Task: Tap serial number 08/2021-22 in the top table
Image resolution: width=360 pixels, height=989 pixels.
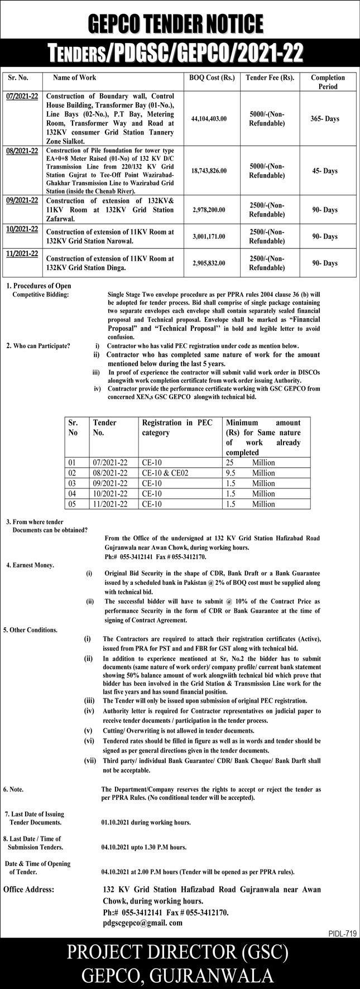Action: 22,151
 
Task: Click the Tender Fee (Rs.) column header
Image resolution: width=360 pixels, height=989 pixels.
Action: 270,78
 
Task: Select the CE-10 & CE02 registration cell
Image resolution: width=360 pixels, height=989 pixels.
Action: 165,473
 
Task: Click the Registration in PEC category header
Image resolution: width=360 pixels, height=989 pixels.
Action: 177,428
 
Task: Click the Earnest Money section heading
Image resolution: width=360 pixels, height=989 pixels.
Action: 30,565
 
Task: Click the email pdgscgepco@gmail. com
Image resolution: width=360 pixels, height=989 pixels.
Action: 143,923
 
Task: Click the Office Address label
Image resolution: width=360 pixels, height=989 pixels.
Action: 28,889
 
